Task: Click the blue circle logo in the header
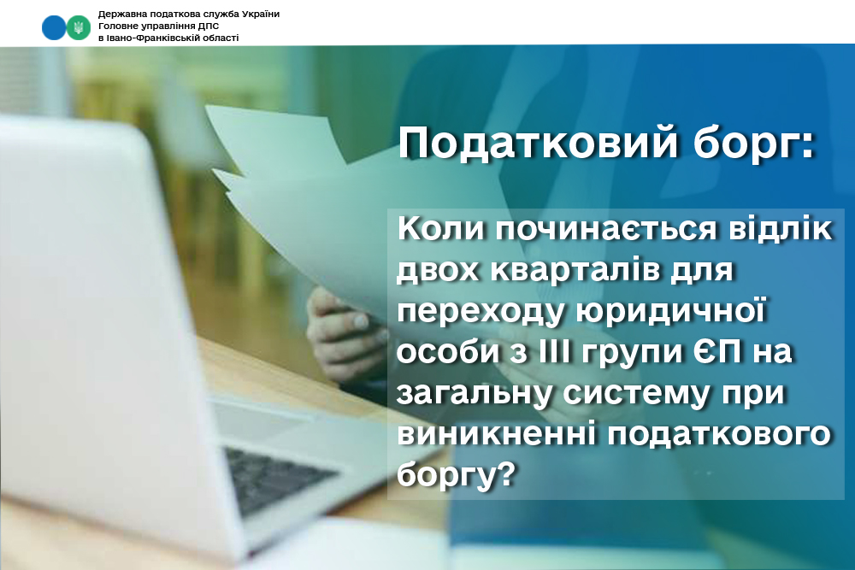[x=53, y=27]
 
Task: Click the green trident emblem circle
[x=79, y=27]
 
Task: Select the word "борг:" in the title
[x=753, y=144]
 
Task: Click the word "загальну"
[x=474, y=393]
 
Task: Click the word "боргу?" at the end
[x=456, y=475]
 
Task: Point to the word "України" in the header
[x=261, y=14]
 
